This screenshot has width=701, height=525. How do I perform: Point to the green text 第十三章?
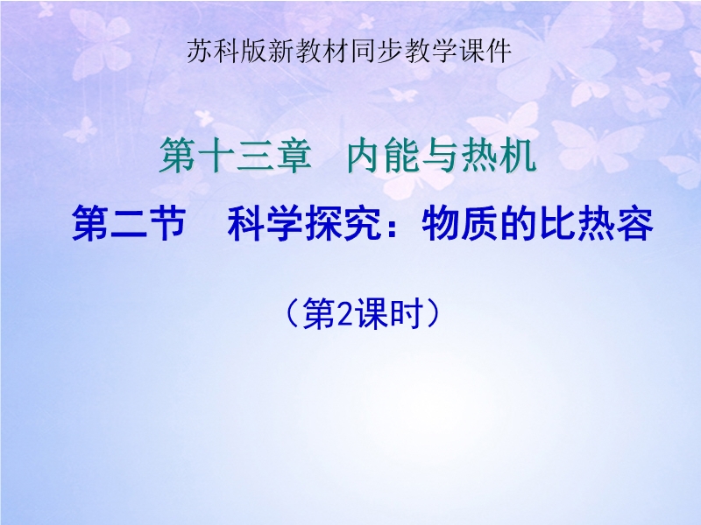click(x=235, y=155)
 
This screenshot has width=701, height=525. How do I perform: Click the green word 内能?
click(x=385, y=155)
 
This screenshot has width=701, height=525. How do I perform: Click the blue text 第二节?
click(x=129, y=223)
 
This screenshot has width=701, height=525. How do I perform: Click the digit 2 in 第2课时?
click(x=343, y=315)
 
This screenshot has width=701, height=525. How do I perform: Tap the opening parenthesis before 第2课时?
click(x=293, y=314)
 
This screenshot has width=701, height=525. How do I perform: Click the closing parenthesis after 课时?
click(x=432, y=314)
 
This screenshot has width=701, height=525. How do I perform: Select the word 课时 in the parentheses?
click(x=387, y=314)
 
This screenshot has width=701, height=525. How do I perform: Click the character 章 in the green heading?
click(x=294, y=155)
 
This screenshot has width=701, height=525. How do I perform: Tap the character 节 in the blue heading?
click(x=167, y=223)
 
